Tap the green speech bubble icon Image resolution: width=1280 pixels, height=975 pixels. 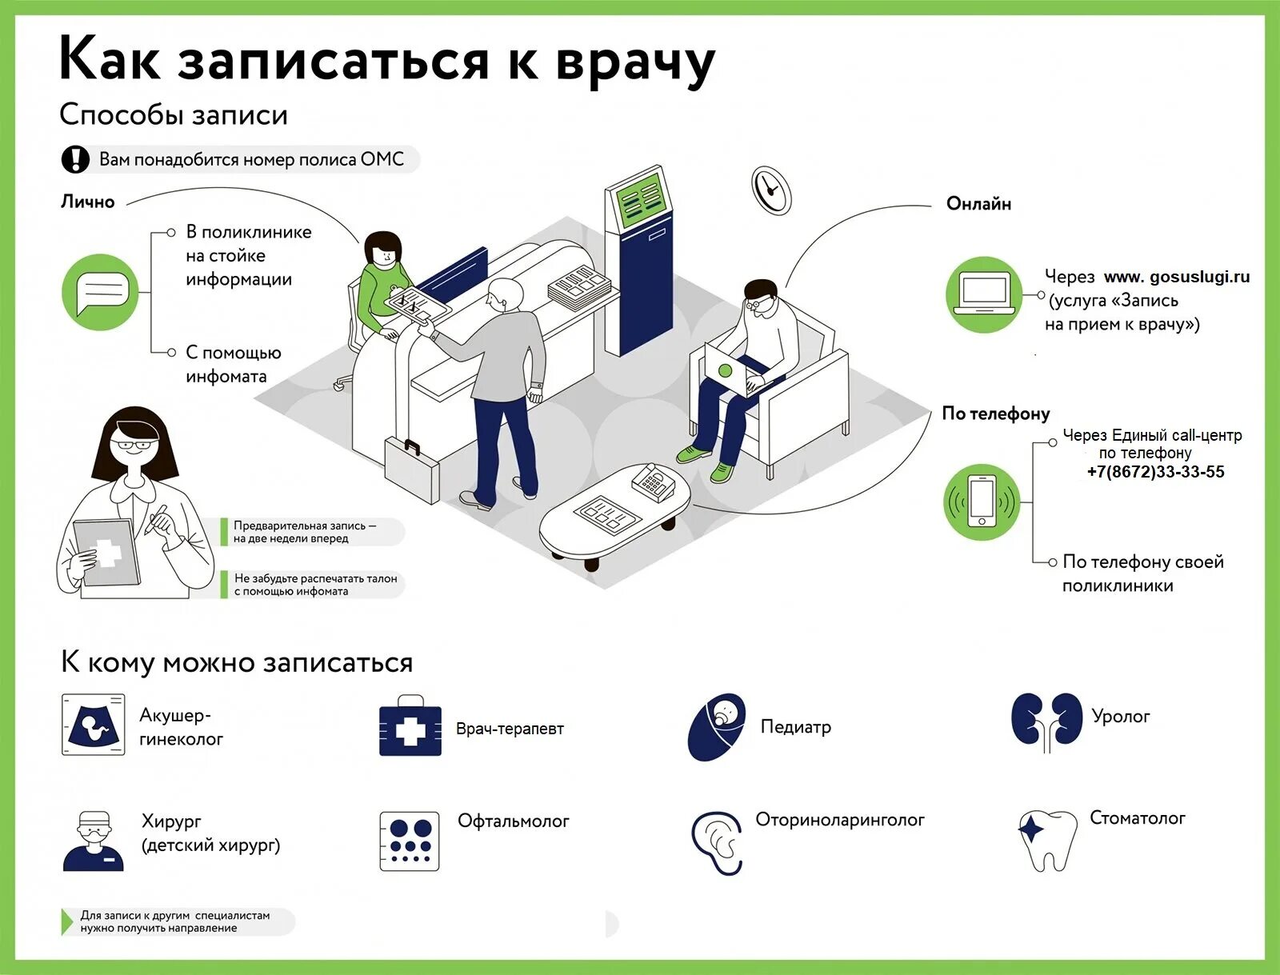click(100, 293)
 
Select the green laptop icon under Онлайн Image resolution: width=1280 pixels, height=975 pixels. click(984, 294)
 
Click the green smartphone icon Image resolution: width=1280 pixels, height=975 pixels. click(982, 501)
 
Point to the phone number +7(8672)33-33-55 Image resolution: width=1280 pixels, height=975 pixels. click(1155, 472)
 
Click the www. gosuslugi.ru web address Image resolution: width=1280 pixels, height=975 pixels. click(1176, 277)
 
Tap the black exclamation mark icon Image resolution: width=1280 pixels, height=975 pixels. click(75, 159)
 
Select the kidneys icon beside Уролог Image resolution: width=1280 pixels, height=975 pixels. click(1046, 720)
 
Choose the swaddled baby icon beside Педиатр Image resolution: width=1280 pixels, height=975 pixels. click(717, 726)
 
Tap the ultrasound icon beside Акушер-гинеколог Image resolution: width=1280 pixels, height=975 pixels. click(94, 725)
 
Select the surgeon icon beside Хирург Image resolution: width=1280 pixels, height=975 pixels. click(94, 841)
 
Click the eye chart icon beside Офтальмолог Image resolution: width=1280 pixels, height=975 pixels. click(410, 841)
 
